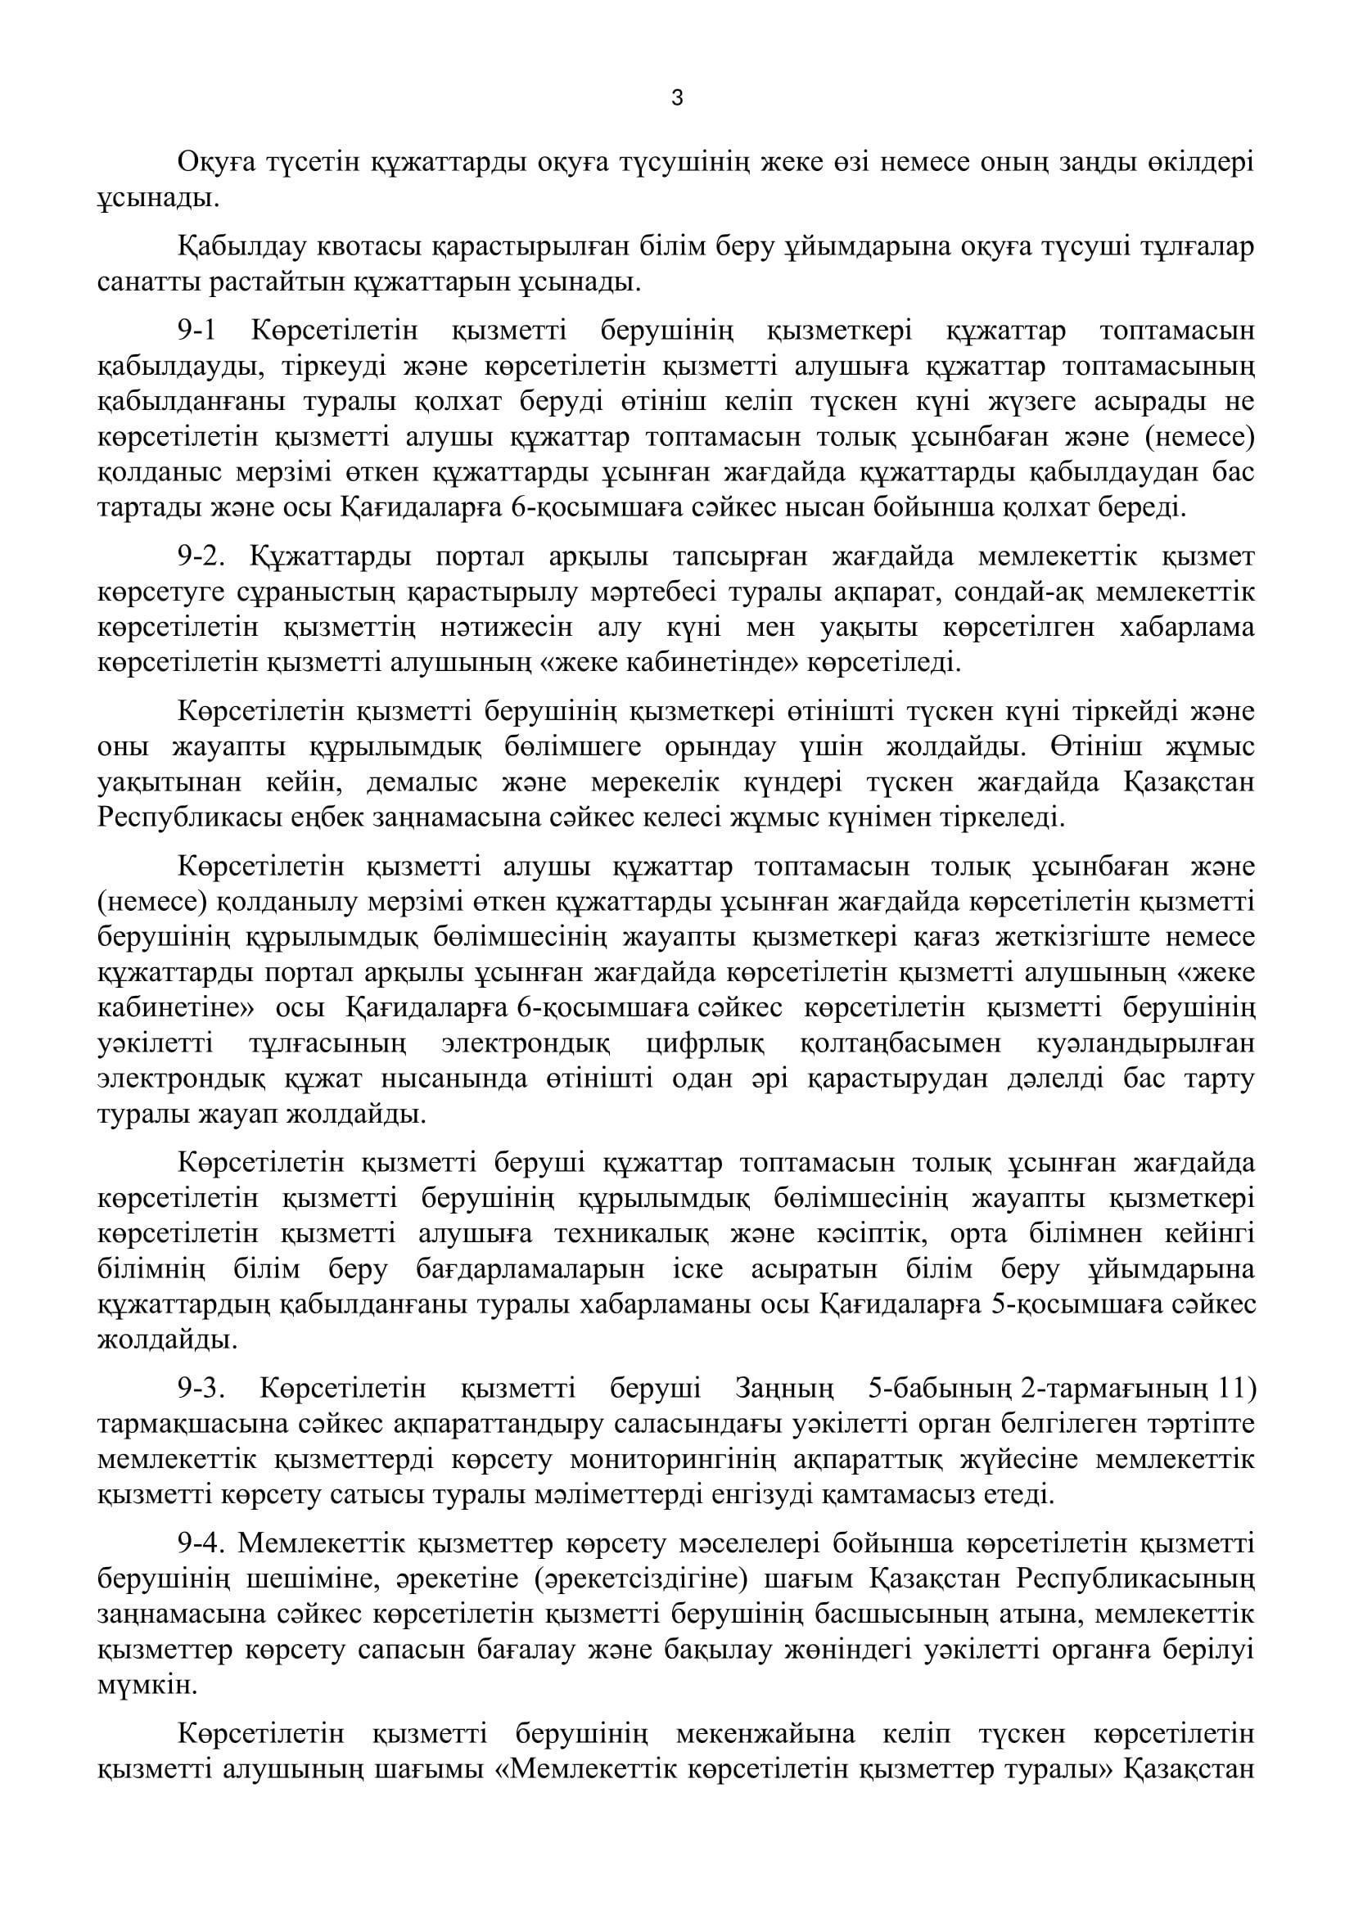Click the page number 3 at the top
676,98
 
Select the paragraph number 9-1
196,331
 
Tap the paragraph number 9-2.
201,557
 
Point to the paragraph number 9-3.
201,1389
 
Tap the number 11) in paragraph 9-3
1236,1389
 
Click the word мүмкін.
136,1686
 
